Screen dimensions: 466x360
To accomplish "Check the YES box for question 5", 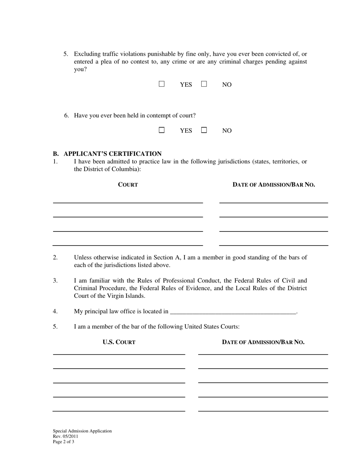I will pyautogui.click(x=162, y=84).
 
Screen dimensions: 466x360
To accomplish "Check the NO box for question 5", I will pyautogui.click(x=204, y=84).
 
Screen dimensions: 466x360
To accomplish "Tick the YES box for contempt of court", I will pyautogui.click(x=162, y=130).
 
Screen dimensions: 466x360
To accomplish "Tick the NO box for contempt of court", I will pyautogui.click(x=204, y=130).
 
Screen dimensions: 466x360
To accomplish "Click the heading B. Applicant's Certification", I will pyautogui.click(x=107, y=153).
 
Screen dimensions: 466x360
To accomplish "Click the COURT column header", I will pyautogui.click(x=128, y=185).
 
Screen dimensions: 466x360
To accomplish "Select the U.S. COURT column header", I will pyautogui.click(x=119, y=342).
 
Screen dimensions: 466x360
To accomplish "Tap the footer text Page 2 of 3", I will pyautogui.click(x=64, y=441).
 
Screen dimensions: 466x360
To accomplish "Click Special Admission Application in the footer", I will pyautogui.click(x=82, y=431).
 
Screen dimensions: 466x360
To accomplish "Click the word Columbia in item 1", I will pyautogui.click(x=127, y=169).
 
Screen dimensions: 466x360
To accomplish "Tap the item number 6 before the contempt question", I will pyautogui.click(x=66, y=116).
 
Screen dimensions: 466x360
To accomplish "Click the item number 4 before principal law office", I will pyautogui.click(x=55, y=311).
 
